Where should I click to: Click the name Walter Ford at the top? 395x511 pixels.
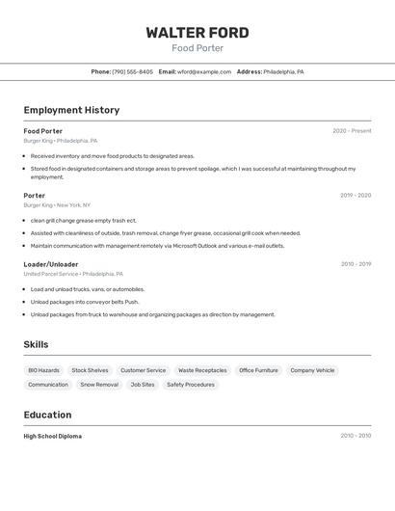click(x=197, y=33)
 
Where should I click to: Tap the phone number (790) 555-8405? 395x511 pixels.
click(x=132, y=71)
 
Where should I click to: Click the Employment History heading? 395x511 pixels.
click(x=71, y=110)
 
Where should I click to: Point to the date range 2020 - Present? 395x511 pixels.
click(x=352, y=131)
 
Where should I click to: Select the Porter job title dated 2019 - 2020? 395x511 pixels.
click(x=35, y=196)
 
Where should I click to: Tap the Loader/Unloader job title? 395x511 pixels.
click(x=51, y=264)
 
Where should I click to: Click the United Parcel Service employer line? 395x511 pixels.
click(x=73, y=274)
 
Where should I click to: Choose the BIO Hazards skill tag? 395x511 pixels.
click(x=43, y=370)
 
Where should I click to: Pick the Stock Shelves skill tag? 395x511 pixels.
click(x=90, y=370)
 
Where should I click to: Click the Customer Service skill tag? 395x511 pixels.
click(x=143, y=370)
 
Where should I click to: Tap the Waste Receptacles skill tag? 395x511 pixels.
click(x=202, y=370)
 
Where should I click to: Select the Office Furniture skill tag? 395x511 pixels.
click(x=258, y=370)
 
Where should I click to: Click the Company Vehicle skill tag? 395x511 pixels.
click(x=312, y=370)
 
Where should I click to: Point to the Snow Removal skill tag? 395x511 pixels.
click(x=99, y=385)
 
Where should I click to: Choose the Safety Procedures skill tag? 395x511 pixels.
click(x=191, y=385)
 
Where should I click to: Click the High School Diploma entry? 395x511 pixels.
click(x=53, y=436)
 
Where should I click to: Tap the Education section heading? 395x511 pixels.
click(x=47, y=415)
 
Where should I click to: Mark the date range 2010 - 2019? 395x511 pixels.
click(x=355, y=264)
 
